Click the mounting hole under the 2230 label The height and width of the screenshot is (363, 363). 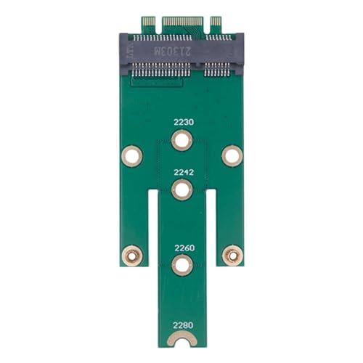click(x=181, y=139)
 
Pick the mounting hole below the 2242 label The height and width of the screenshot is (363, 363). click(x=181, y=190)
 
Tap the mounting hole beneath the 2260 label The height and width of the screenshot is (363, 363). click(x=181, y=265)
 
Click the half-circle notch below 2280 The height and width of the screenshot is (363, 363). click(x=181, y=340)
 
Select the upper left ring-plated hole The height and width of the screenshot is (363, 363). click(x=131, y=155)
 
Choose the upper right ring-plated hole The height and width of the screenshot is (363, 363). click(x=232, y=155)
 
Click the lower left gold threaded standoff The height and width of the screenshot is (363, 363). click(x=131, y=254)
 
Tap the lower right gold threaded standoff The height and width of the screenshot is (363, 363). click(x=232, y=254)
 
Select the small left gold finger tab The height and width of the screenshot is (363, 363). click(x=148, y=25)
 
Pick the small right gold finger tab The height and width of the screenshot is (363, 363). click(x=215, y=25)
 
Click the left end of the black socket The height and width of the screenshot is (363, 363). click(x=126, y=54)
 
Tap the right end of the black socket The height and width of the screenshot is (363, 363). click(x=237, y=54)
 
